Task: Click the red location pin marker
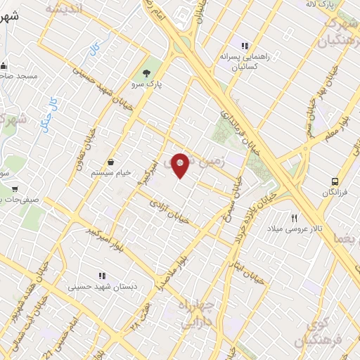pyautogui.click(x=180, y=165)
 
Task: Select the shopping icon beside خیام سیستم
pyautogui.click(x=111, y=162)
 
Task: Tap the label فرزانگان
pyautogui.click(x=335, y=192)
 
